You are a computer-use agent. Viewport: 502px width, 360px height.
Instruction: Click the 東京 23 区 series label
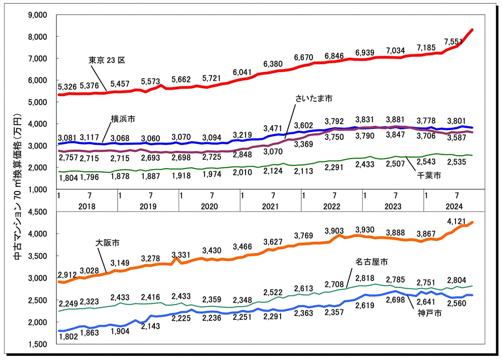(x=107, y=60)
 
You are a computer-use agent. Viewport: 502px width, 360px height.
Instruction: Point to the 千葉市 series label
(x=428, y=176)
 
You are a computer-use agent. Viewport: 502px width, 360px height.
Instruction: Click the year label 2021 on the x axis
(x=271, y=206)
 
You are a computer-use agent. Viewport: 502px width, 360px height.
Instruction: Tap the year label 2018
(x=87, y=206)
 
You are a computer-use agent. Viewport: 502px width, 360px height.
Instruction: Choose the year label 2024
(x=454, y=206)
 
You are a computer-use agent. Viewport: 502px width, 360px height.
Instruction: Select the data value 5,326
(x=67, y=87)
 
